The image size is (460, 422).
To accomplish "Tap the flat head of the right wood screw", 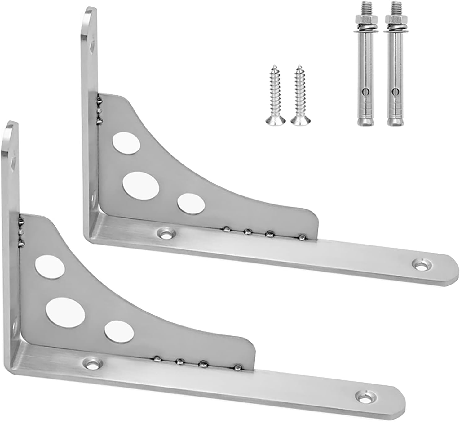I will [x=298, y=122].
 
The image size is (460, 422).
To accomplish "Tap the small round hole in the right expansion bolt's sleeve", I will [x=394, y=92].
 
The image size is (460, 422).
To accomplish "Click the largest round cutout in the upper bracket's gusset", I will [x=141, y=185].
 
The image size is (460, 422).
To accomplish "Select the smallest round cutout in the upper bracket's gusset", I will [x=191, y=204].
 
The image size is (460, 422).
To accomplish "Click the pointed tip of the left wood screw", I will [x=273, y=65].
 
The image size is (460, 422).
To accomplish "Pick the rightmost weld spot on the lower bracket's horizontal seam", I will [x=238, y=368].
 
